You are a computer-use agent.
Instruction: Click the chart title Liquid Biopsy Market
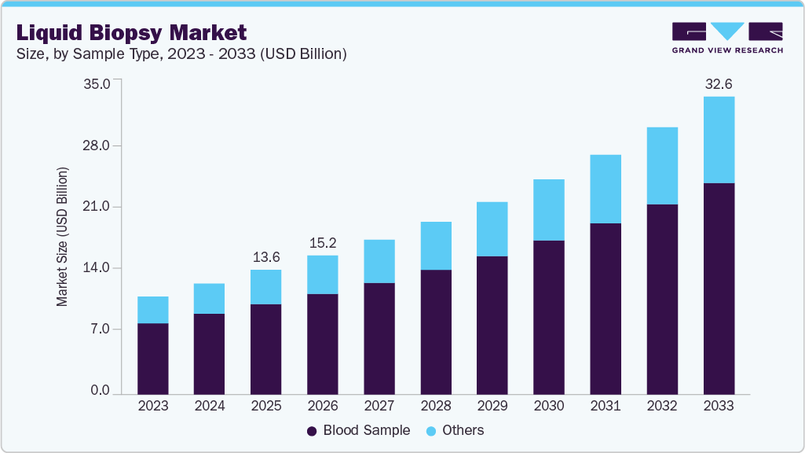[x=131, y=32]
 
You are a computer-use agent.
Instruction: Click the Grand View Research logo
[x=727, y=38]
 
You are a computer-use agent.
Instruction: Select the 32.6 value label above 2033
[x=719, y=83]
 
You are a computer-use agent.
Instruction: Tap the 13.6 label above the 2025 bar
[x=265, y=257]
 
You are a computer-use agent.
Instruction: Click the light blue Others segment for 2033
[x=719, y=140]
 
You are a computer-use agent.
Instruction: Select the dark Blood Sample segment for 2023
[x=152, y=358]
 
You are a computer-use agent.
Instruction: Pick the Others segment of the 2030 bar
[x=548, y=210]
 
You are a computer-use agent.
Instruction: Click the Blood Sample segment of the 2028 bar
[x=435, y=331]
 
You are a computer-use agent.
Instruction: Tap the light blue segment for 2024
[x=209, y=299]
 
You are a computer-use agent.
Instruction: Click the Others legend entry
[x=455, y=430]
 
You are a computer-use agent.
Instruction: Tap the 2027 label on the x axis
[x=379, y=406]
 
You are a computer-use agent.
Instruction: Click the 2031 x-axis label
[x=605, y=406]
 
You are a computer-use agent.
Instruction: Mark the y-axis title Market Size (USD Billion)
[x=62, y=237]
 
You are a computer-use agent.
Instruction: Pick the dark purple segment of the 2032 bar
[x=662, y=299]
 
